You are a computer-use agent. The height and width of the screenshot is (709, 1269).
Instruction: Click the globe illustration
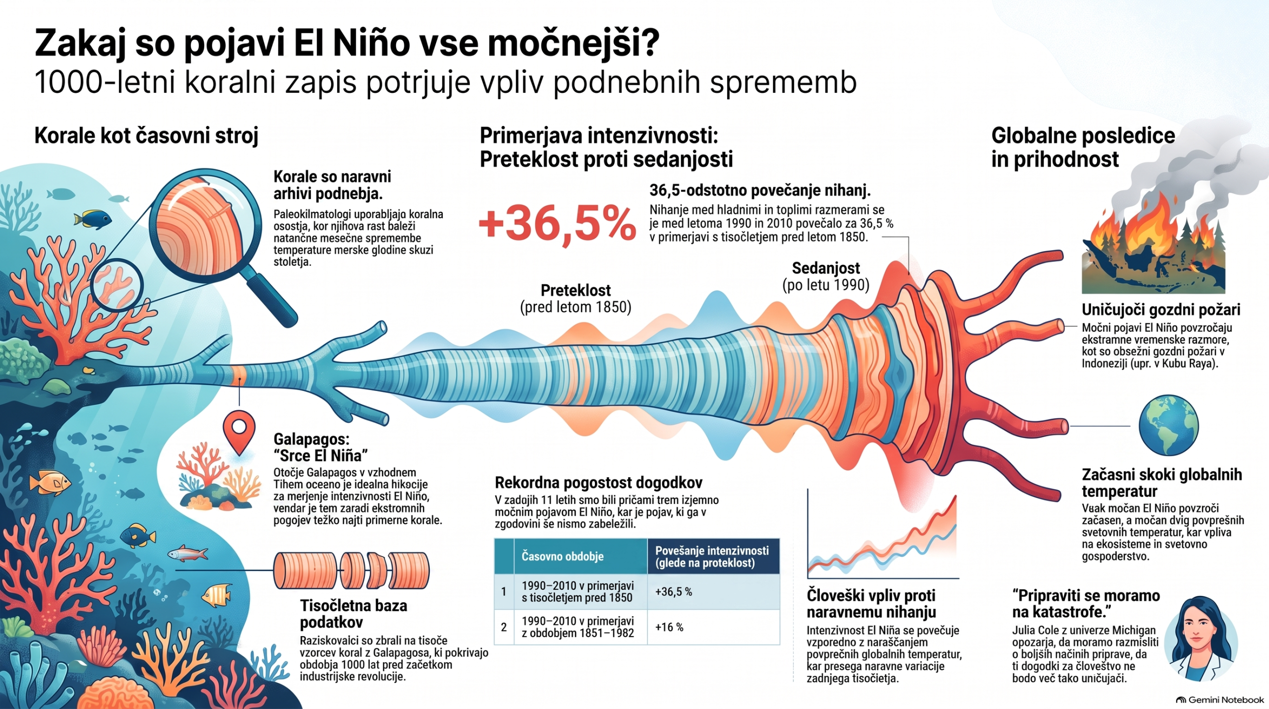coord(1168,425)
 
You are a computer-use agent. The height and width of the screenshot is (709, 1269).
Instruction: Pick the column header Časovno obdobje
coord(562,556)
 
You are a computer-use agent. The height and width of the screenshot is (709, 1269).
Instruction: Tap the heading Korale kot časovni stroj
coord(146,136)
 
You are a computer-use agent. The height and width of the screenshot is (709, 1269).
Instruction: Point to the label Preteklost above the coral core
coord(576,290)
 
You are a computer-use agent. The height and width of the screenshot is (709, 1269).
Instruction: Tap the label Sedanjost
coord(826,268)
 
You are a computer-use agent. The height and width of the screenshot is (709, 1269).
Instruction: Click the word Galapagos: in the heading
coord(312,439)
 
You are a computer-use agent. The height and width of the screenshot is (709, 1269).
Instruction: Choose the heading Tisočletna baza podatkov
coord(353,614)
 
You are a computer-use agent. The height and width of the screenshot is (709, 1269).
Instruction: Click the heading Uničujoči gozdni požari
coord(1161,310)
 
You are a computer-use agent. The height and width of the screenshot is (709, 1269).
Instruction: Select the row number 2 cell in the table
coord(504,627)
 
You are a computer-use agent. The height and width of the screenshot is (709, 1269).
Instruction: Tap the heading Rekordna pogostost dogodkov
coord(598,483)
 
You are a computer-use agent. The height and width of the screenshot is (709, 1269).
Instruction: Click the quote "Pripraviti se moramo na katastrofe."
coord(1086,603)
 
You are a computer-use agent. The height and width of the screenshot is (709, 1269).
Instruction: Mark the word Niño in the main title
coord(371,44)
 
